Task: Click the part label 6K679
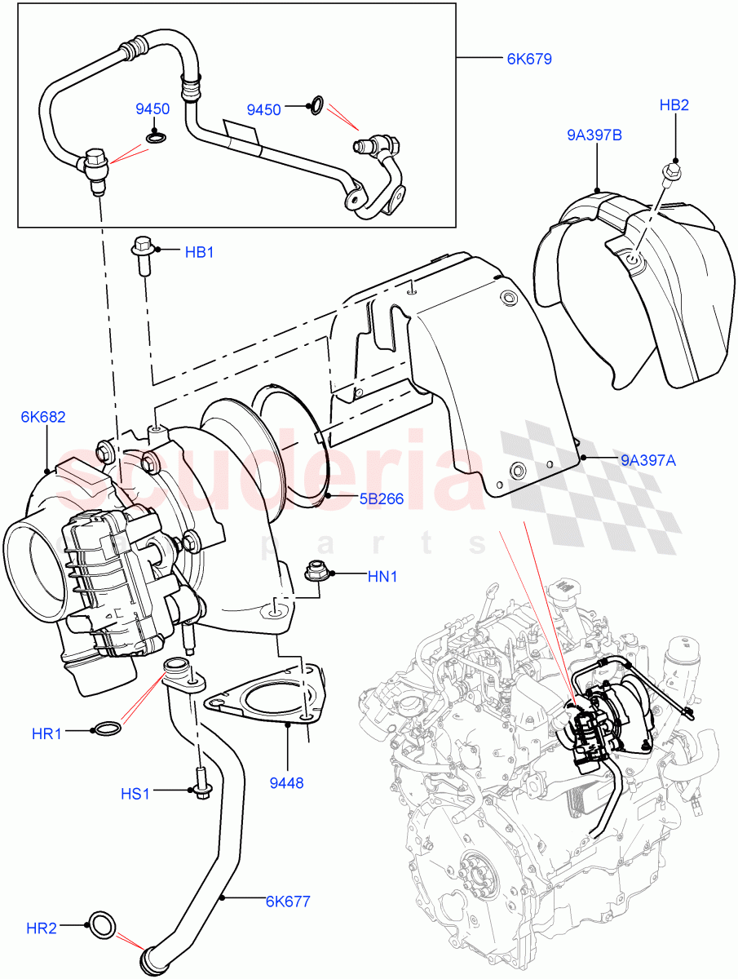529,59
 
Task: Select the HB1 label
199,252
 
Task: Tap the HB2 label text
674,105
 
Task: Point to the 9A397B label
595,135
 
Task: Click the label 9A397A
648,460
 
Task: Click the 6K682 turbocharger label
43,417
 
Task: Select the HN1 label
382,576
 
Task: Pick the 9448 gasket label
286,782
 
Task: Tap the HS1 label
136,792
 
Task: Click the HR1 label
47,733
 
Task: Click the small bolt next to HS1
200,786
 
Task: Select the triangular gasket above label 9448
263,702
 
